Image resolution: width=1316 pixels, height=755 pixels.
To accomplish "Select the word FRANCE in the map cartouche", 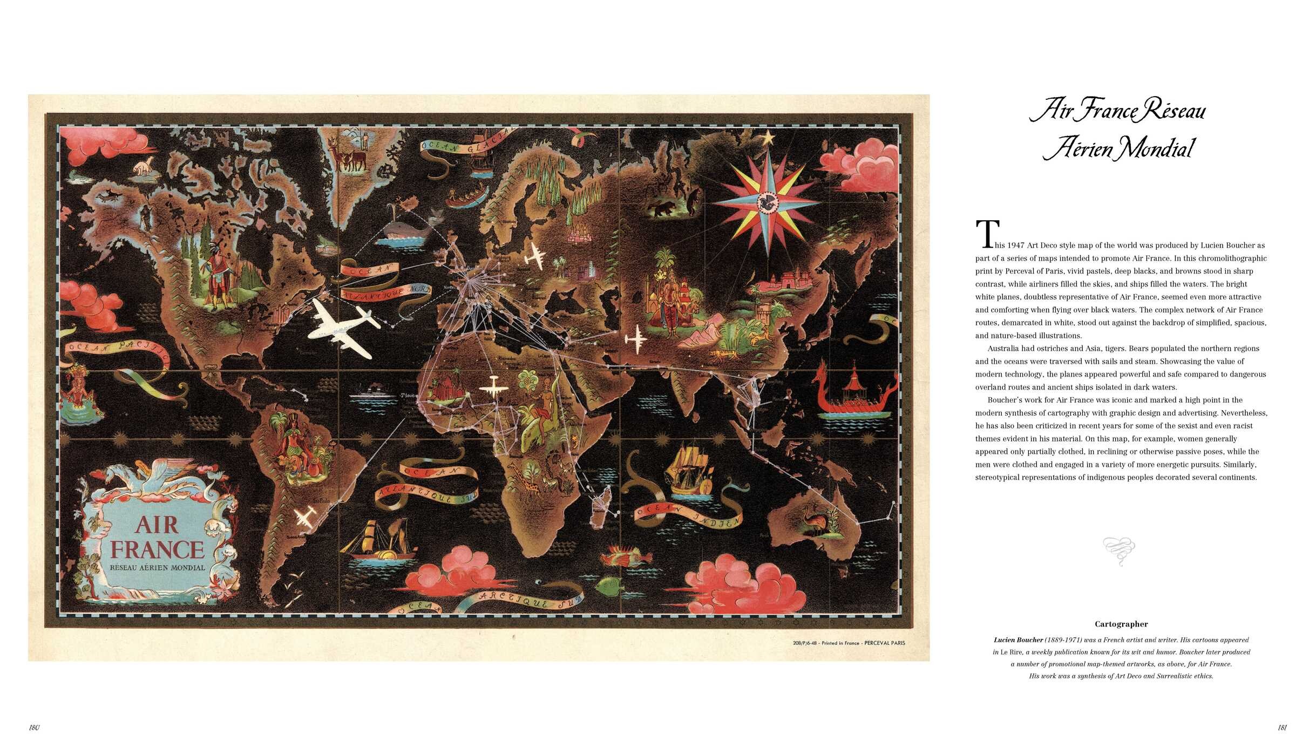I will point(157,549).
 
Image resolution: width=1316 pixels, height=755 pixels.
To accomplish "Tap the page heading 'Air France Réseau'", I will point(1117,111).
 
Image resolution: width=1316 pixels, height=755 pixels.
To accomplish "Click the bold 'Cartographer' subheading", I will point(1121,624).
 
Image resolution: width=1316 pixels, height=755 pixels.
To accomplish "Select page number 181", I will point(1283,727).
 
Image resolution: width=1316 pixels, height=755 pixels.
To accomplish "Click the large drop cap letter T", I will point(987,234).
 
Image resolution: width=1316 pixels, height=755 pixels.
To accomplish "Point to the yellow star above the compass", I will point(767,138).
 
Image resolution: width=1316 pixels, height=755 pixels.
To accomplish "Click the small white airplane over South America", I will point(306,517).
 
